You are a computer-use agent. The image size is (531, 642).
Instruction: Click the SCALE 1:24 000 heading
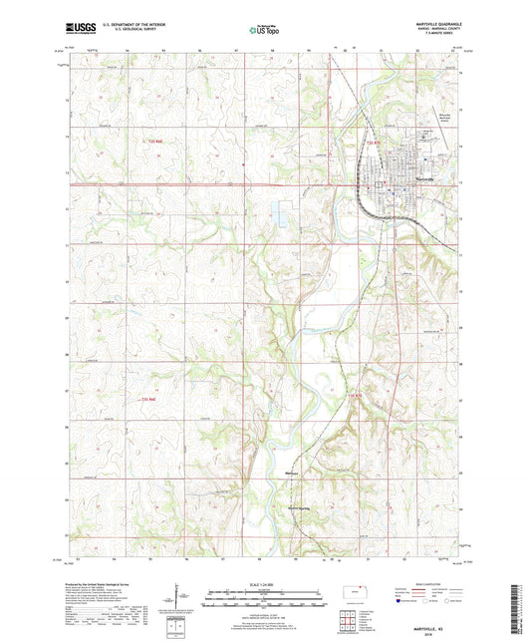pyautogui.click(x=265, y=582)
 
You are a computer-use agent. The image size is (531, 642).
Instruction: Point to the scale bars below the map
pyautogui.click(x=265, y=599)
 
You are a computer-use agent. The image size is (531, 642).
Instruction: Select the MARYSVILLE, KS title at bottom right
pyautogui.click(x=438, y=572)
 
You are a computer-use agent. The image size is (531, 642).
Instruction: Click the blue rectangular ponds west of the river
pyautogui.click(x=277, y=212)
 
